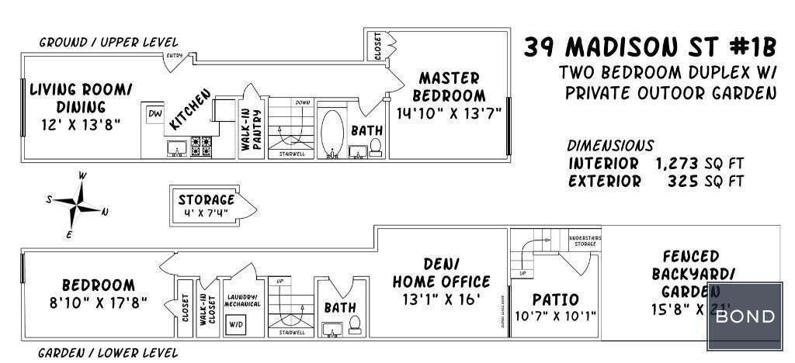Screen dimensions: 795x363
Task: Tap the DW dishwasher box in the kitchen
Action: pos(154,113)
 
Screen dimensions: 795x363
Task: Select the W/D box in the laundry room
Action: pos(234,325)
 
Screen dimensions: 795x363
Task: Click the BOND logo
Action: pos(745,316)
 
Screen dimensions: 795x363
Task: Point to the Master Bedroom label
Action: pos(449,87)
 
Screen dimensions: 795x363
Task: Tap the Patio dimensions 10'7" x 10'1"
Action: pos(555,316)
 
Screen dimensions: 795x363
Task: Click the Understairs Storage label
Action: pos(585,241)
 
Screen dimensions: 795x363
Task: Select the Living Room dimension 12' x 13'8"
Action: pos(81,123)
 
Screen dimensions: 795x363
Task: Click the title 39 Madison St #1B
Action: pos(649,48)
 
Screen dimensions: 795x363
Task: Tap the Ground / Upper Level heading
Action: pos(109,42)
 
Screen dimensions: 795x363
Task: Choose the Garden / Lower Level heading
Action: pos(109,353)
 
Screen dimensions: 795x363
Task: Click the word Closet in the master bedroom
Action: pos(378,47)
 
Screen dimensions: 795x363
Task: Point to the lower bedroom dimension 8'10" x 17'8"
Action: pos(98,301)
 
